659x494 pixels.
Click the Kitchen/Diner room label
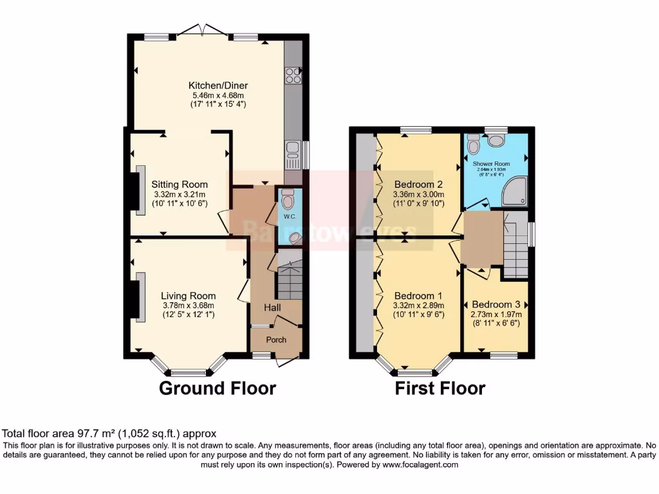(x=218, y=86)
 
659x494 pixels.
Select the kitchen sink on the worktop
(x=292, y=149)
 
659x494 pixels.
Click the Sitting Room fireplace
(x=137, y=192)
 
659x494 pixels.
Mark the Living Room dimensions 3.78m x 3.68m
(x=187, y=306)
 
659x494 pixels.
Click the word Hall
(x=272, y=308)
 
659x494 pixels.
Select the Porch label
(x=276, y=340)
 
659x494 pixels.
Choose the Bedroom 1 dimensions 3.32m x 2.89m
(x=418, y=306)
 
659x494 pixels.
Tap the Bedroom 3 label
(x=496, y=304)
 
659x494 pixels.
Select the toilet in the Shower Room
(x=474, y=145)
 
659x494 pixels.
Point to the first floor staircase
(x=514, y=247)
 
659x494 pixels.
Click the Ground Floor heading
(x=217, y=389)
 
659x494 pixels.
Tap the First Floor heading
(x=440, y=389)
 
